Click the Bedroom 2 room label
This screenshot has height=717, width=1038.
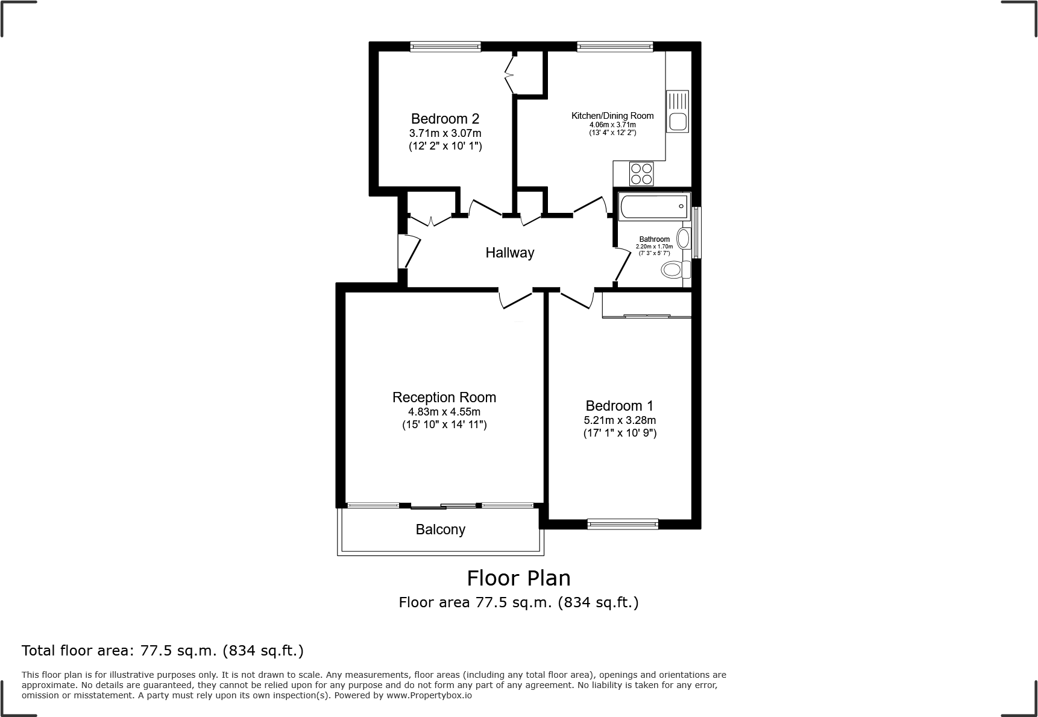(445, 119)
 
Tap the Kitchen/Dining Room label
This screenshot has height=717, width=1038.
(612, 116)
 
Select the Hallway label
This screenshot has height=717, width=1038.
(510, 253)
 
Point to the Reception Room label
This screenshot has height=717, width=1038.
(444, 397)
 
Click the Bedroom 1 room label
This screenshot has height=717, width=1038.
(620, 406)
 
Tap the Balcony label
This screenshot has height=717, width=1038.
(441, 529)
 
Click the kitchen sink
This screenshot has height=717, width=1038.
(678, 111)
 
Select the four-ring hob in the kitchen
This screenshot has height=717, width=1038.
(641, 174)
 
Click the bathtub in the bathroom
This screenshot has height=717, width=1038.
(653, 207)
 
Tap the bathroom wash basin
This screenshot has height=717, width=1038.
(684, 239)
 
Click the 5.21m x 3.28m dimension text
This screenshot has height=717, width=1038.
(620, 420)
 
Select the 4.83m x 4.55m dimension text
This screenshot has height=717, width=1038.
(444, 412)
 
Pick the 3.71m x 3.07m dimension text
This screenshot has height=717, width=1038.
(445, 133)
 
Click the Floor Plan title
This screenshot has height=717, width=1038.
(518, 578)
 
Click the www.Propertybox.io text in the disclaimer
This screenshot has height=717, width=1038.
(429, 695)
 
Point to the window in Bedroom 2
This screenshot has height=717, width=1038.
(445, 46)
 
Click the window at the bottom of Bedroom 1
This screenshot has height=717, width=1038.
(623, 525)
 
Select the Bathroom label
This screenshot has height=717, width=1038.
(655, 239)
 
